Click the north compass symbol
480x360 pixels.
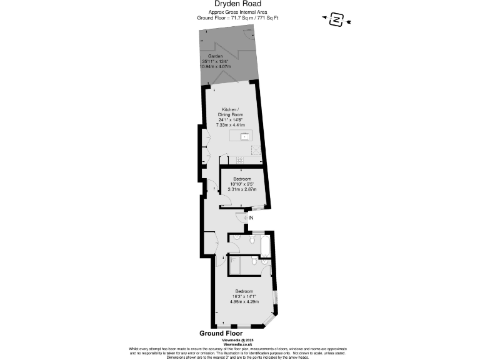[337, 20]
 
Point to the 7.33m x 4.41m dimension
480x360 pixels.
[229, 125]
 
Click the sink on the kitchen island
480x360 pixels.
[244, 136]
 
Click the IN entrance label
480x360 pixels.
[251, 217]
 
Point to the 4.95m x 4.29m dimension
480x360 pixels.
[244, 302]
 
